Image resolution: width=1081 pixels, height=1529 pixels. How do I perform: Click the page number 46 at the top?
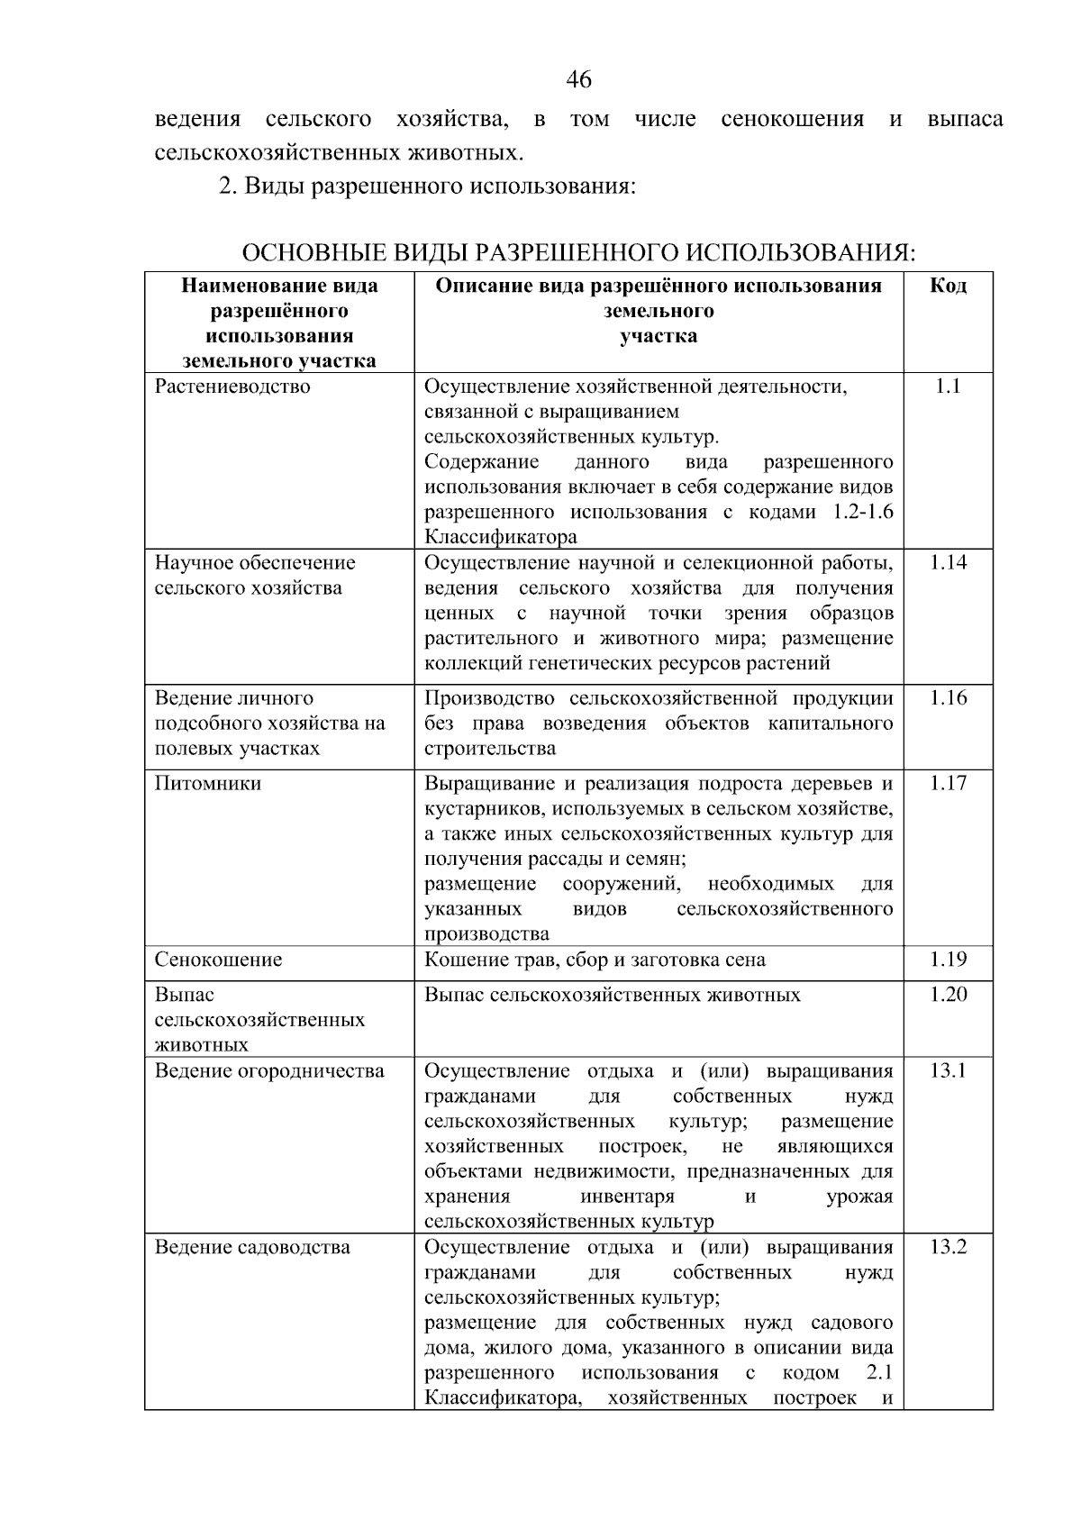coord(578,80)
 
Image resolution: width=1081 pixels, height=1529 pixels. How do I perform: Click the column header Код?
coord(948,287)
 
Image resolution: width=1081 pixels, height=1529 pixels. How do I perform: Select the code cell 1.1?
coord(948,387)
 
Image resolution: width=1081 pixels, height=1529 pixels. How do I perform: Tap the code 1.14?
coord(948,563)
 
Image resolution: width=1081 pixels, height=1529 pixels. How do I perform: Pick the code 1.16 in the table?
coord(948,698)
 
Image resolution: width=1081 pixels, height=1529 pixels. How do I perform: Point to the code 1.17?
coord(948,783)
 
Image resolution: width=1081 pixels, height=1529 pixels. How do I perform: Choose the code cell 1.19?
coord(948,960)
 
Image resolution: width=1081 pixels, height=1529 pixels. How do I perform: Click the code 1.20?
coord(948,995)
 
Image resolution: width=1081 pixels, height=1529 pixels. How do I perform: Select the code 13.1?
coord(948,1071)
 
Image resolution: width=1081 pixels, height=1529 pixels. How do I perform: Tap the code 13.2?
coord(948,1248)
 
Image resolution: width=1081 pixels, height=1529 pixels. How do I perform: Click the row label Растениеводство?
coord(232,387)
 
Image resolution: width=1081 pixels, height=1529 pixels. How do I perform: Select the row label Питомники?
coord(208,783)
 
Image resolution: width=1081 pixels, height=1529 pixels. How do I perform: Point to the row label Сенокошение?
coord(218,960)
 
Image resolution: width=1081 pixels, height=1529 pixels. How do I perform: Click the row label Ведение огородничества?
coord(269,1071)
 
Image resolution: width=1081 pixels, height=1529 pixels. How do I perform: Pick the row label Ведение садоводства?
coord(252,1248)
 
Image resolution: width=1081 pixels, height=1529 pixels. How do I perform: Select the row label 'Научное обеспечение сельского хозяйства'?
coord(255,576)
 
